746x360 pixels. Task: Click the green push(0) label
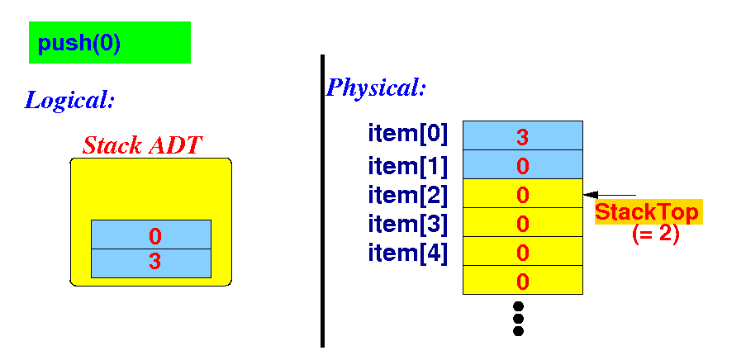tap(109, 43)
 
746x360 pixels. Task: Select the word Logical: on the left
tap(69, 101)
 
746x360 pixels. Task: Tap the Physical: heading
tap(376, 88)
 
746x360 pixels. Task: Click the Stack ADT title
tap(142, 145)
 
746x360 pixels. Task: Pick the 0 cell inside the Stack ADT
tap(151, 234)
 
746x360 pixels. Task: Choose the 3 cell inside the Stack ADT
tap(151, 263)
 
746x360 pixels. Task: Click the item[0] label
tap(408, 134)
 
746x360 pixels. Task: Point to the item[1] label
tap(408, 166)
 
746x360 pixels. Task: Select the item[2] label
tap(408, 195)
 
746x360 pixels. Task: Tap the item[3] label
tap(408, 224)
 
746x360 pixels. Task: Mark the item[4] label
tap(408, 253)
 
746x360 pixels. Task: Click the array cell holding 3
tap(522, 135)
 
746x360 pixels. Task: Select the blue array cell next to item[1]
tap(522, 165)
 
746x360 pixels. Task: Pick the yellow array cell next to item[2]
tap(522, 194)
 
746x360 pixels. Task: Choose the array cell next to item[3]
tap(522, 223)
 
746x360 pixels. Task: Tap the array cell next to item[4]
tap(522, 252)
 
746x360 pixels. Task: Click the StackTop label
tap(648, 212)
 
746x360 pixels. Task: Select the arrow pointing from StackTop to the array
tap(610, 195)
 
